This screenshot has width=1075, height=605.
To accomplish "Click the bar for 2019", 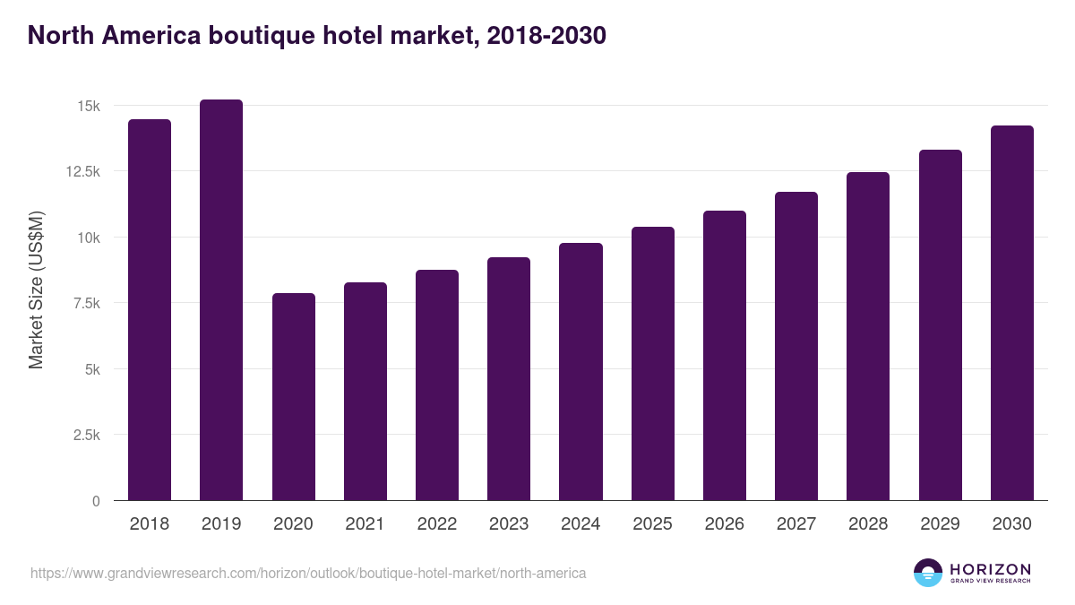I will tap(221, 300).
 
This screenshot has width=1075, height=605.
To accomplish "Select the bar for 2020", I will tap(293, 397).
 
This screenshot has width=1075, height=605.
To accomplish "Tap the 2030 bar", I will tap(1011, 313).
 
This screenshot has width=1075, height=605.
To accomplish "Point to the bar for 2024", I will tap(580, 372).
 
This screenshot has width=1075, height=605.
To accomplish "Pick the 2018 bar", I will tap(150, 310).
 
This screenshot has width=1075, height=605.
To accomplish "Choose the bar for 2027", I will tap(796, 346).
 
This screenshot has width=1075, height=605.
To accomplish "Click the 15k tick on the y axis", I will tap(89, 106).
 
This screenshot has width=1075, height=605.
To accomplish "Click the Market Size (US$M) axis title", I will tap(36, 290).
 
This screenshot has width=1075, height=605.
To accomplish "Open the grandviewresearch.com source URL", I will tap(308, 573).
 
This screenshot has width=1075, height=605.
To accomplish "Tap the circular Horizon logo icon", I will tap(928, 573).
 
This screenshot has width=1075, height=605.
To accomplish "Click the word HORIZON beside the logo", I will tap(990, 569).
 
